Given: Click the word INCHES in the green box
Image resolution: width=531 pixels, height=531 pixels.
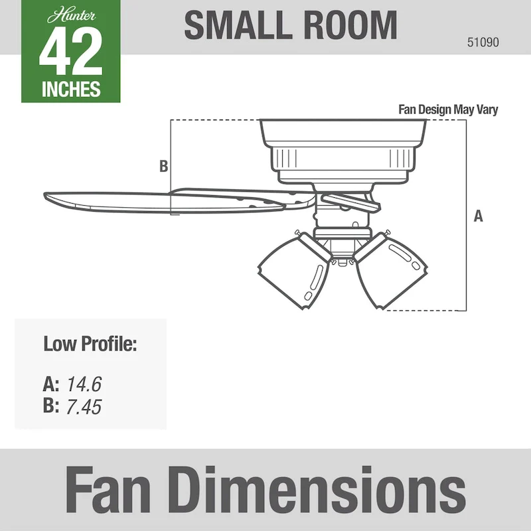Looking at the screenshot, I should pos(71,89).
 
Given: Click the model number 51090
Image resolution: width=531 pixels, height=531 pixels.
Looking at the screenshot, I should pos(483,42).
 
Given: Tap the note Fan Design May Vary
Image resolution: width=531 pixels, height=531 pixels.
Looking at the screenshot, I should pos(447,110).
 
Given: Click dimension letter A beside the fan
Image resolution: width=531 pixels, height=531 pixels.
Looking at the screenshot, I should pos(478,216).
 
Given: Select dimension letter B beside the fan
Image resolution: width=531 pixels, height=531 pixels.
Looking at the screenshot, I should pos(163,167).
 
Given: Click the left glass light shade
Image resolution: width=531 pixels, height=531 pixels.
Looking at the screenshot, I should pos(292,269).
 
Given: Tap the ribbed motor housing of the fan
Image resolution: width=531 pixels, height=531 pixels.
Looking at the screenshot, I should pos(342,159).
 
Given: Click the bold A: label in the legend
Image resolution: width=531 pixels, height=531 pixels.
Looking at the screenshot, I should pos(51,384).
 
